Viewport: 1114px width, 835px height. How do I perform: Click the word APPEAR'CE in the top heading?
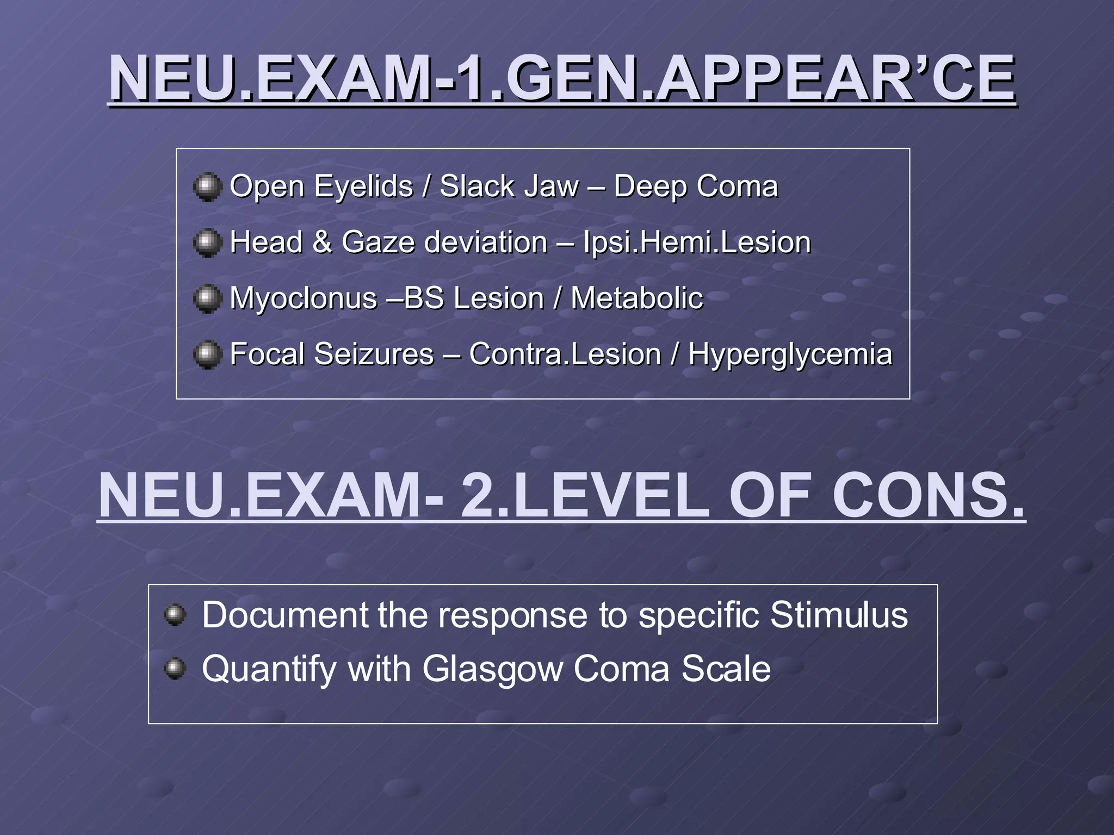[x=835, y=79]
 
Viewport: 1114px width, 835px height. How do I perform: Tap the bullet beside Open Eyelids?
[x=207, y=186]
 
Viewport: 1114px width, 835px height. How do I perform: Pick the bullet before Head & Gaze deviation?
[x=207, y=242]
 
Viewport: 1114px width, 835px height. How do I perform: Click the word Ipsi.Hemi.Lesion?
[x=697, y=242]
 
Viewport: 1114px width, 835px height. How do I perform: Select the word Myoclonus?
[x=304, y=298]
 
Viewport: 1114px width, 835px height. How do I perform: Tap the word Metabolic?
[x=636, y=298]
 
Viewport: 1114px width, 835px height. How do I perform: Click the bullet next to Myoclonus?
[x=207, y=298]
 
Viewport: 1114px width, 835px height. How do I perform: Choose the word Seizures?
[x=374, y=354]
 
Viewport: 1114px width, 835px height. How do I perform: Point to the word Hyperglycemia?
[x=790, y=355]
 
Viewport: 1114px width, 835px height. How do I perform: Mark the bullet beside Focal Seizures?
[x=207, y=354]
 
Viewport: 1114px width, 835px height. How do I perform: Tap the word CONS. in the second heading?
[x=928, y=496]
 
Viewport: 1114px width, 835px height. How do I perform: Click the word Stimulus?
[x=839, y=615]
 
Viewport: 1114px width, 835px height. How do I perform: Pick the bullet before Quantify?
[x=175, y=668]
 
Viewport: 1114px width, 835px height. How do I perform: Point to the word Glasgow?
[x=492, y=669]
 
